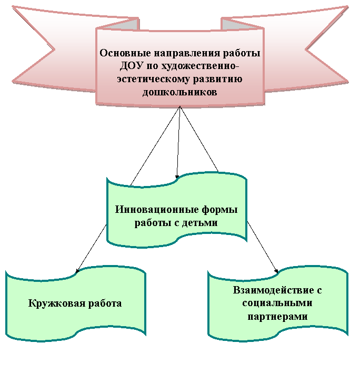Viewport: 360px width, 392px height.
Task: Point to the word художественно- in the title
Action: (200, 66)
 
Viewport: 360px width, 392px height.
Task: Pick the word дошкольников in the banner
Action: (180, 92)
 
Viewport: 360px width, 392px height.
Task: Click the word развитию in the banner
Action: (218, 80)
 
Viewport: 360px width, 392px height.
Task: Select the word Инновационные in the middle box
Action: (156, 210)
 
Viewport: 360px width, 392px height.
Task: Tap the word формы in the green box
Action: (219, 210)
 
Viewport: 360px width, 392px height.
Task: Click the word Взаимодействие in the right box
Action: (273, 290)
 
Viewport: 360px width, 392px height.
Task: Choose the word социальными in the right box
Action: (277, 303)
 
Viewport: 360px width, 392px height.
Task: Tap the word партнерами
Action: (277, 317)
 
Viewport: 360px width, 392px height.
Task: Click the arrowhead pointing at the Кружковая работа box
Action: (77, 271)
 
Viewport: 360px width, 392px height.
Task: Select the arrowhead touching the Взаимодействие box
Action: (276, 271)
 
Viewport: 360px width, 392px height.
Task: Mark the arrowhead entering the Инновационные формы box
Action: (177, 177)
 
